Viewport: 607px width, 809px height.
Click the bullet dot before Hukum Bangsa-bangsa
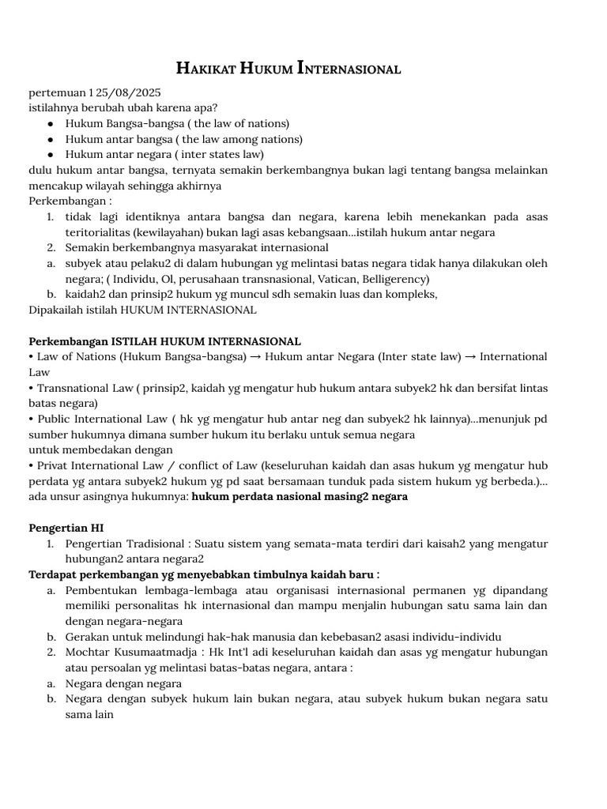click(51, 123)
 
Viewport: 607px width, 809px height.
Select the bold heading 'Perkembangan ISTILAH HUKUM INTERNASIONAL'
click(164, 341)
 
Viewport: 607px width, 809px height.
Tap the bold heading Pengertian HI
click(66, 528)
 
